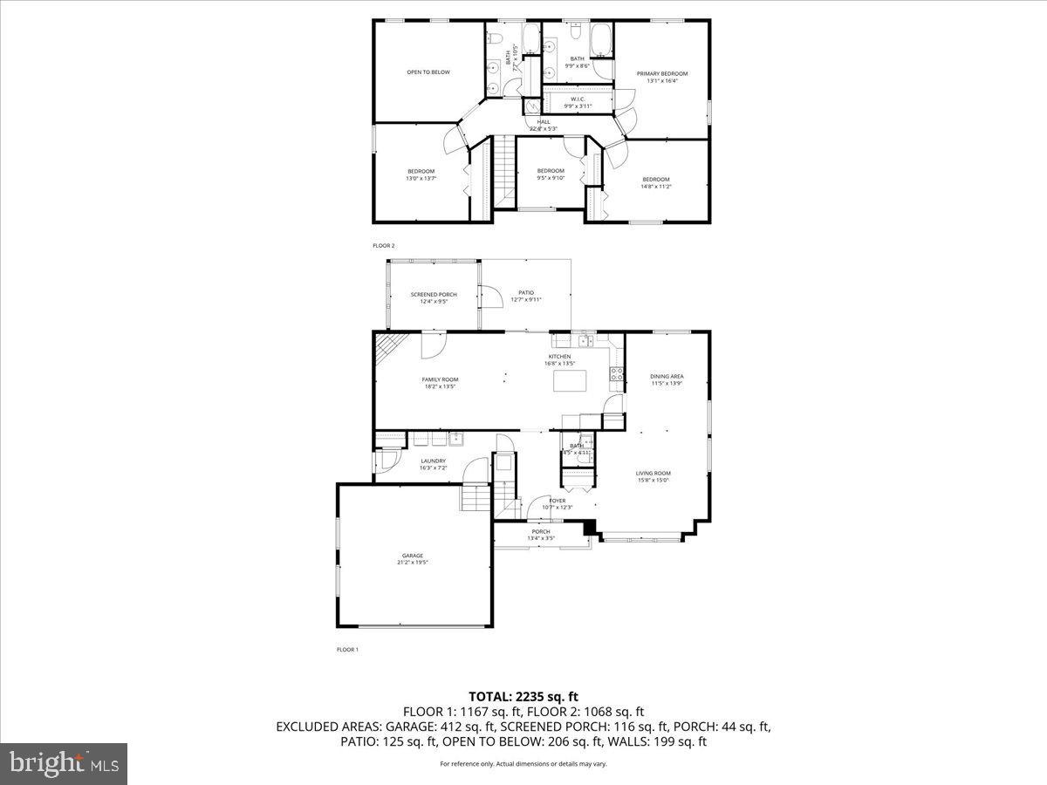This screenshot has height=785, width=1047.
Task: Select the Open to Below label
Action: click(x=428, y=72)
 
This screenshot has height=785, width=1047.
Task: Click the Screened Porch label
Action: click(x=434, y=295)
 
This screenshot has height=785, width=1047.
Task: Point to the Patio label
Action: click(x=525, y=293)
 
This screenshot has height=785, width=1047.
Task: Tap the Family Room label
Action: click(x=440, y=379)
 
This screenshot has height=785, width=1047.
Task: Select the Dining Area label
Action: click(x=667, y=376)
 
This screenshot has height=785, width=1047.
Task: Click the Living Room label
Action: click(x=653, y=474)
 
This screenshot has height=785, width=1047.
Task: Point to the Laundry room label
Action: click(x=433, y=461)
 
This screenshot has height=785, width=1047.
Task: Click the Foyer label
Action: click(x=557, y=501)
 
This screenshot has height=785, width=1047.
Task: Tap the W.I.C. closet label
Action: click(x=578, y=99)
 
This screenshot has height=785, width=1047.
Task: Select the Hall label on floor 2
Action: click(x=544, y=122)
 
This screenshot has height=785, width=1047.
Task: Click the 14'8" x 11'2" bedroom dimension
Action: click(x=656, y=187)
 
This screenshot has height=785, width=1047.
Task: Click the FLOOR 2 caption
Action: click(x=384, y=246)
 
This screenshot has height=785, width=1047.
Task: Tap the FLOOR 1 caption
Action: click(x=347, y=650)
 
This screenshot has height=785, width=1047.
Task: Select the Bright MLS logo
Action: click(x=64, y=764)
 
